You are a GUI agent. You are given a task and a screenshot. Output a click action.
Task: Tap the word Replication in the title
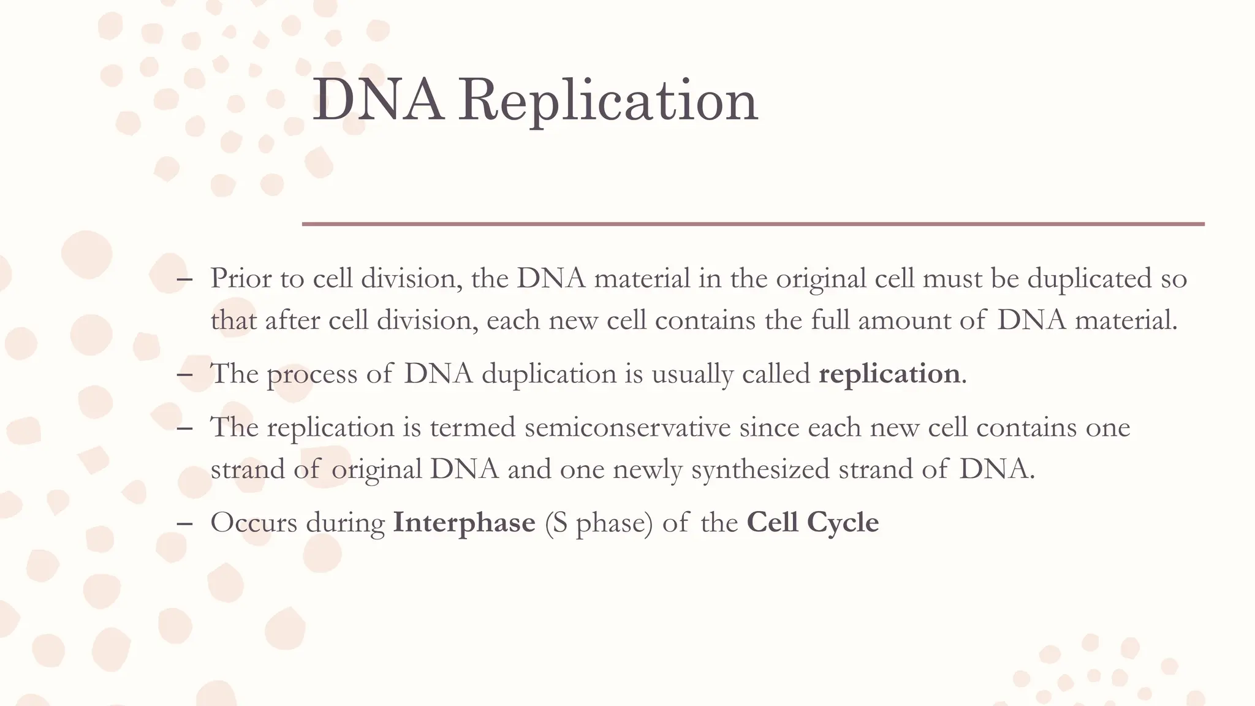click(x=609, y=101)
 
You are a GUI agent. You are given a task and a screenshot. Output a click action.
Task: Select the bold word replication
click(x=889, y=374)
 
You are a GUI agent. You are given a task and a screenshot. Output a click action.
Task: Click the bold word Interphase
click(x=464, y=523)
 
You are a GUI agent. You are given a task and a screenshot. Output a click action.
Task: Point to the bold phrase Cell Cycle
click(x=813, y=523)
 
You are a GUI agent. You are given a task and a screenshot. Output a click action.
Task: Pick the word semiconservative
click(x=627, y=427)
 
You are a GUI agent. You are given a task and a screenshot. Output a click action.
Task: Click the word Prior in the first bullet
click(x=241, y=279)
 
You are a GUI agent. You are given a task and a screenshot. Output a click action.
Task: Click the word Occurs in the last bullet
click(x=254, y=523)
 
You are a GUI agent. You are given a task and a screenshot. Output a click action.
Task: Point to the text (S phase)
click(x=599, y=523)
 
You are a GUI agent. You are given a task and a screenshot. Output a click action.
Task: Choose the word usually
click(x=692, y=374)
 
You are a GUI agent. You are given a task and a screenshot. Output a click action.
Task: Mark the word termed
click(x=472, y=427)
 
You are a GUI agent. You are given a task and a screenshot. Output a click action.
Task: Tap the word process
click(x=312, y=374)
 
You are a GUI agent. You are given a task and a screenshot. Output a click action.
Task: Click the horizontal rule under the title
click(x=753, y=224)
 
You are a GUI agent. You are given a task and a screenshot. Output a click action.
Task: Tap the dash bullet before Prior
click(x=184, y=279)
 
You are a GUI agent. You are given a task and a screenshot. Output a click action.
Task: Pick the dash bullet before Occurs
click(x=184, y=523)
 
